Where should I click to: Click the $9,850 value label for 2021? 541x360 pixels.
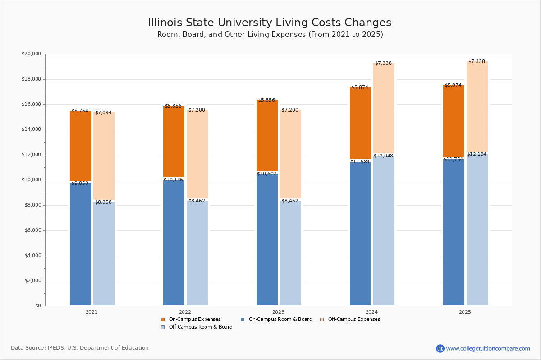[x=80, y=184]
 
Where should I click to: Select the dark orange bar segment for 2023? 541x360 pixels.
[x=267, y=135]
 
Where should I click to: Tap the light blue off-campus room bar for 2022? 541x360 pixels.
[x=197, y=253]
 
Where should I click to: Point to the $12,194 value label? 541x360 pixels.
[x=477, y=154]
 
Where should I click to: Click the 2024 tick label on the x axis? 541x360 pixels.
[x=371, y=312]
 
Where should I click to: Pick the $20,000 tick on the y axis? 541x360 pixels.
[x=31, y=54]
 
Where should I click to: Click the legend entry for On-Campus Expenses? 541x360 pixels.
[x=194, y=319]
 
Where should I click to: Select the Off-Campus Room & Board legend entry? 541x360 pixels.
[x=200, y=327]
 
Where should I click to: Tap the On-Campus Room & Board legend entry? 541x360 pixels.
[x=280, y=319]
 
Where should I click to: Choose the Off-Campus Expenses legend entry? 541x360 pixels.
[x=353, y=319]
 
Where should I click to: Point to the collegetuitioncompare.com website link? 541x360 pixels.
[x=488, y=348]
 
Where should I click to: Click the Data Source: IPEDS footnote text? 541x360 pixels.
[x=80, y=348]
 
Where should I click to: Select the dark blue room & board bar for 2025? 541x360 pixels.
[x=454, y=232]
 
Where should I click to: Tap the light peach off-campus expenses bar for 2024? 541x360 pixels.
[x=384, y=108]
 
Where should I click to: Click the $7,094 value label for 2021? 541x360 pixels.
[x=103, y=113]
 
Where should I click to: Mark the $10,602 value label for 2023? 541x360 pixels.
[x=266, y=174]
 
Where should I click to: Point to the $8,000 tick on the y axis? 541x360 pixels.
[x=33, y=205]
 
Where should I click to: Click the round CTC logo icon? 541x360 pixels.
[x=440, y=348]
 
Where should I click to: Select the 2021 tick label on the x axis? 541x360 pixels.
[x=92, y=312]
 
